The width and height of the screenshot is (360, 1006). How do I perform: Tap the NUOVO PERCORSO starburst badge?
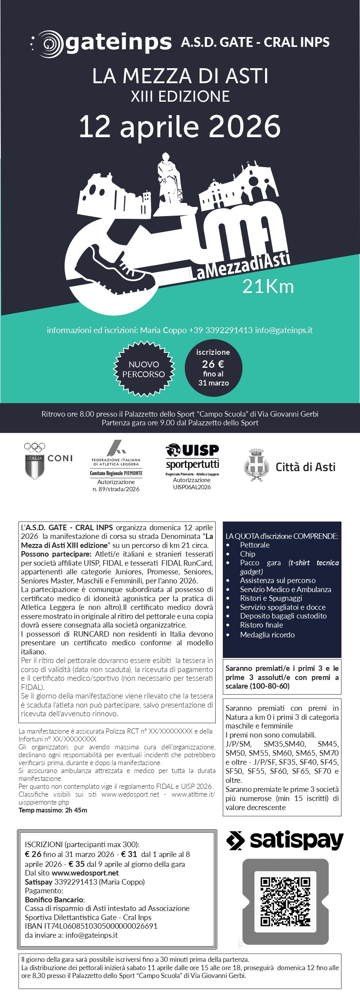(x=144, y=369)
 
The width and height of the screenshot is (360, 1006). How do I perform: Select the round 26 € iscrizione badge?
(x=213, y=367)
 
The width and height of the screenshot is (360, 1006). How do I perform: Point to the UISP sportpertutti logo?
(x=192, y=457)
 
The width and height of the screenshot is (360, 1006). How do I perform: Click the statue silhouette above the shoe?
(x=169, y=177)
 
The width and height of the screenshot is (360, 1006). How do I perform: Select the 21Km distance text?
(x=268, y=287)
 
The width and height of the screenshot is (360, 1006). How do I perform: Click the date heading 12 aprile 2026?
(x=180, y=127)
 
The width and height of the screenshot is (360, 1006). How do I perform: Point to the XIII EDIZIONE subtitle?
(x=180, y=97)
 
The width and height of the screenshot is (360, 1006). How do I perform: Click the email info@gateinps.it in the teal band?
(x=284, y=330)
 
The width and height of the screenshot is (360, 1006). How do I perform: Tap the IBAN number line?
(x=91, y=926)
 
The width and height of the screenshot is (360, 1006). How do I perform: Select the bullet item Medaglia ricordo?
(x=267, y=635)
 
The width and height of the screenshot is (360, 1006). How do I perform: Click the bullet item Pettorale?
(x=255, y=545)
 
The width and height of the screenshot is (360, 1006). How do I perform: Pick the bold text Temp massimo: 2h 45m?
(x=53, y=810)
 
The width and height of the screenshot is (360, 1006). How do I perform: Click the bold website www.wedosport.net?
(x=85, y=873)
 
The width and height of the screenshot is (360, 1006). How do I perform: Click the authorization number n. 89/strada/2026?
(x=116, y=489)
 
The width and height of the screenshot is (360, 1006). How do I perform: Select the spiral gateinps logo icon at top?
(x=49, y=43)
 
